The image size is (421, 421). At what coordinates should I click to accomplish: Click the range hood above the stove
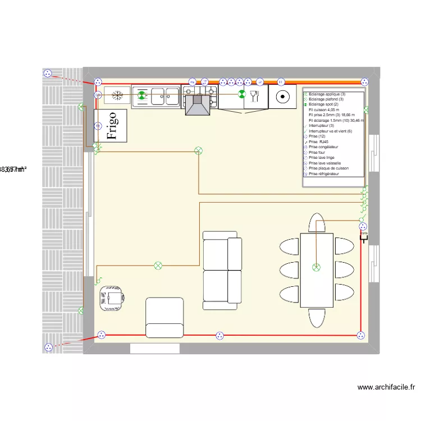[x=198, y=105]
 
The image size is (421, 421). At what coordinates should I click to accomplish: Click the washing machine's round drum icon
[x=282, y=97]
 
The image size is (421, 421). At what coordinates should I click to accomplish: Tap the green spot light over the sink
[x=142, y=96]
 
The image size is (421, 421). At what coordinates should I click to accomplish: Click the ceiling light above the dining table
[x=317, y=268]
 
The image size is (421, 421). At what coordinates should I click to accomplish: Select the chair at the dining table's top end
[x=317, y=222]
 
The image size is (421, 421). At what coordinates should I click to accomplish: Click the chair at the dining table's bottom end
[x=317, y=318]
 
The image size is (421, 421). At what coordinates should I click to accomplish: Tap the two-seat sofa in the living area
[x=222, y=270]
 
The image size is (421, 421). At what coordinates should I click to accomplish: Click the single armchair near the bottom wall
[x=164, y=318]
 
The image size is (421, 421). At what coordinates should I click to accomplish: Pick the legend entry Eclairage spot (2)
[x=323, y=104]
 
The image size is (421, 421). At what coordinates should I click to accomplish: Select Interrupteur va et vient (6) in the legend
[x=334, y=131]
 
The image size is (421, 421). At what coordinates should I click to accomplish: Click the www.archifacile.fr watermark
[x=386, y=387]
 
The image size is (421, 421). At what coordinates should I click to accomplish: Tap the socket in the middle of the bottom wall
[x=219, y=336]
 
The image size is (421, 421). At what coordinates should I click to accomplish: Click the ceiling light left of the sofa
[x=158, y=265]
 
